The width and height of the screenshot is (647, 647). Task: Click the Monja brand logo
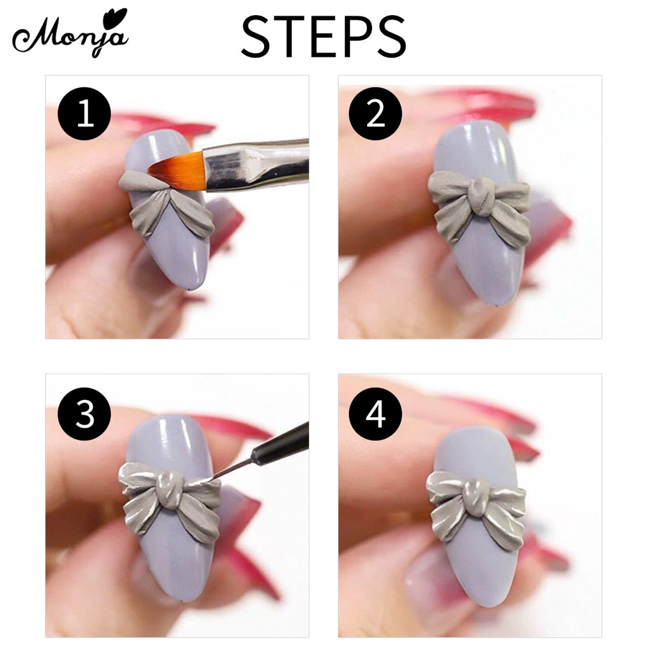(x=70, y=35)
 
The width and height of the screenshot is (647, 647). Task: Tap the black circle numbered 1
(x=85, y=114)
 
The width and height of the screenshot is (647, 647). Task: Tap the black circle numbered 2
(x=375, y=114)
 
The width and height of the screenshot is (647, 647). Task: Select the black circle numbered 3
(x=85, y=414)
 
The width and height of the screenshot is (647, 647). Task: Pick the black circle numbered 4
(x=375, y=414)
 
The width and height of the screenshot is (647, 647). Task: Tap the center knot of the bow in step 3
(x=170, y=491)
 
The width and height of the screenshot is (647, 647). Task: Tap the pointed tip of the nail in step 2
(x=495, y=305)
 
